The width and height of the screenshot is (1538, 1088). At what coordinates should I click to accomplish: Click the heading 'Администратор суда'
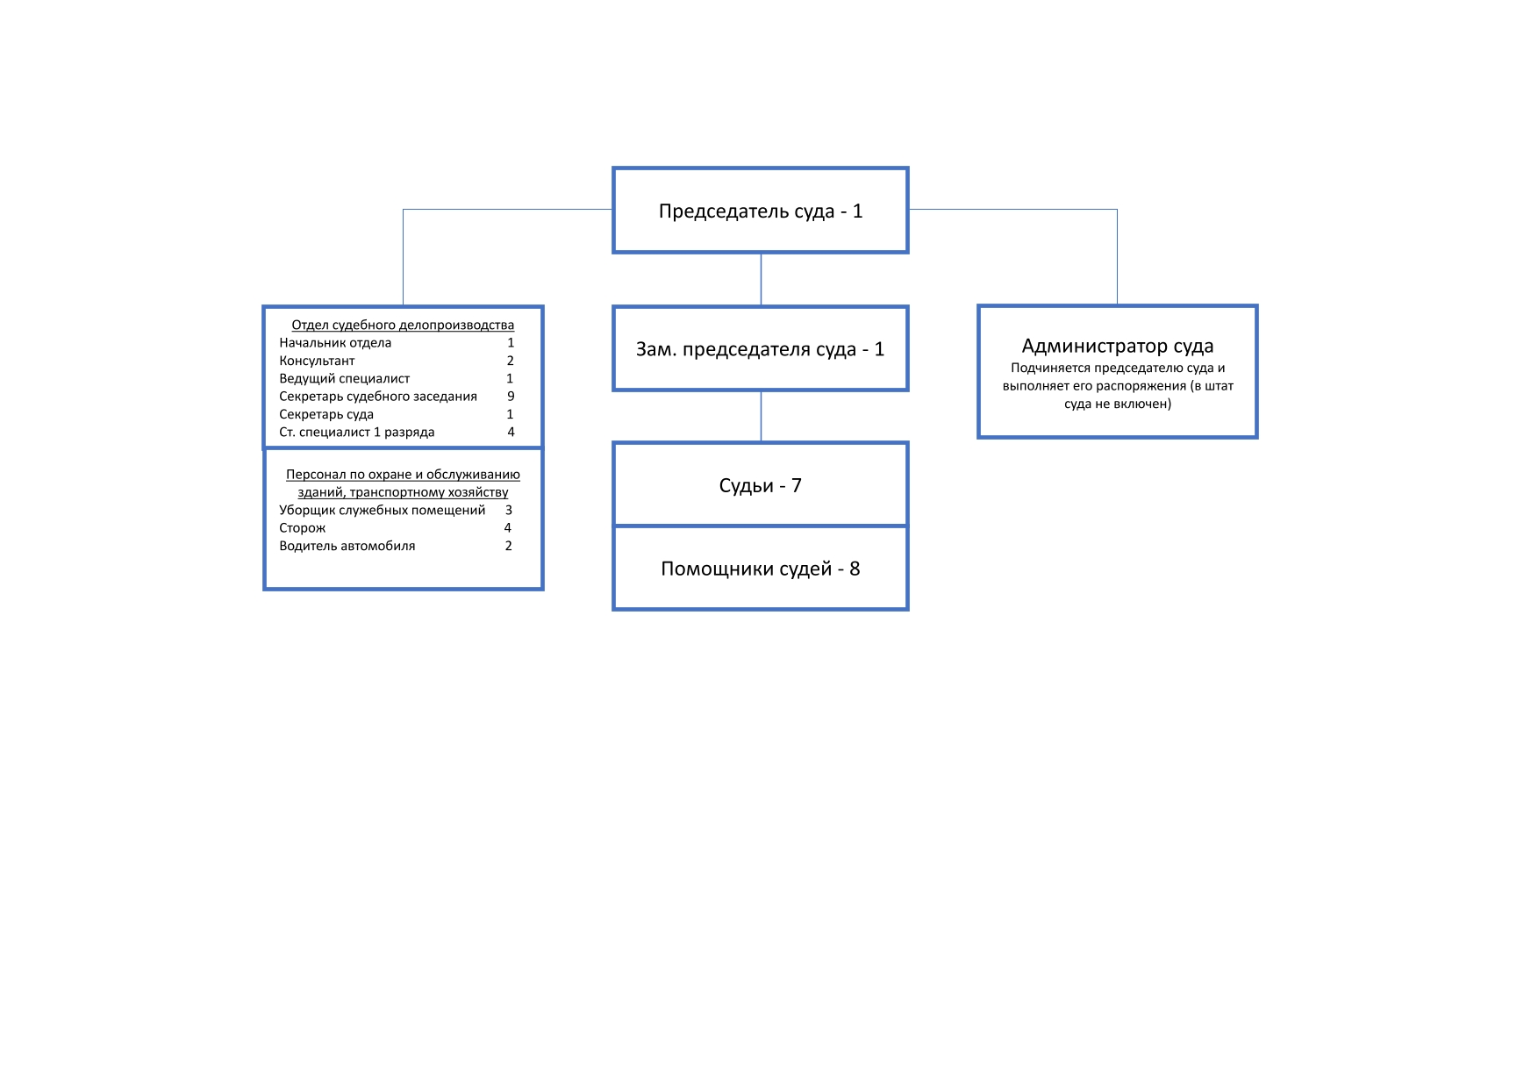1118,346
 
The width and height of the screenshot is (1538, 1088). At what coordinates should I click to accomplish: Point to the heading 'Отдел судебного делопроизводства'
403,326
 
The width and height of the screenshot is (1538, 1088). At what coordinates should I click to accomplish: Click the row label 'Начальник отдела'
335,343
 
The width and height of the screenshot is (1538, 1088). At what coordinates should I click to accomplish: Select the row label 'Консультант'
317,361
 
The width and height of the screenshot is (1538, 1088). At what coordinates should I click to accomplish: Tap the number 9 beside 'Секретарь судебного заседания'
511,397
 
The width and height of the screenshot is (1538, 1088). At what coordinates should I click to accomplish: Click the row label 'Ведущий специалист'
344,379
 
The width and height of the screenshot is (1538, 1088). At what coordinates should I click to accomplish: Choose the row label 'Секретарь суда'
326,414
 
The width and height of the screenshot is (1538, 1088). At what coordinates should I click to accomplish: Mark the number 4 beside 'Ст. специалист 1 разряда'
511,432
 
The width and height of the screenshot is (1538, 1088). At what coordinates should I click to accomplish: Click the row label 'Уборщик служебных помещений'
382,510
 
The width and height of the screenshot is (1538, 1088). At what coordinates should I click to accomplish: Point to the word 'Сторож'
302,528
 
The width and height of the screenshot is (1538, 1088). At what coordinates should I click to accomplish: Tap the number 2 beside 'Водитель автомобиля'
508,546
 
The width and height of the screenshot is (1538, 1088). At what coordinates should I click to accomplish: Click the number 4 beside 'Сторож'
507,527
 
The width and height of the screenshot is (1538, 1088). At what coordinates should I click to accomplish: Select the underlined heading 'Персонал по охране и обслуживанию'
403,475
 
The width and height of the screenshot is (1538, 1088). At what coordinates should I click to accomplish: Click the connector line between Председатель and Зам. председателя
761,279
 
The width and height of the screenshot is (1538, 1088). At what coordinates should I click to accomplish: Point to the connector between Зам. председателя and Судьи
761,417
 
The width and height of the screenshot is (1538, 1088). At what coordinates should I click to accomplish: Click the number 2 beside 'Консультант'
510,361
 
